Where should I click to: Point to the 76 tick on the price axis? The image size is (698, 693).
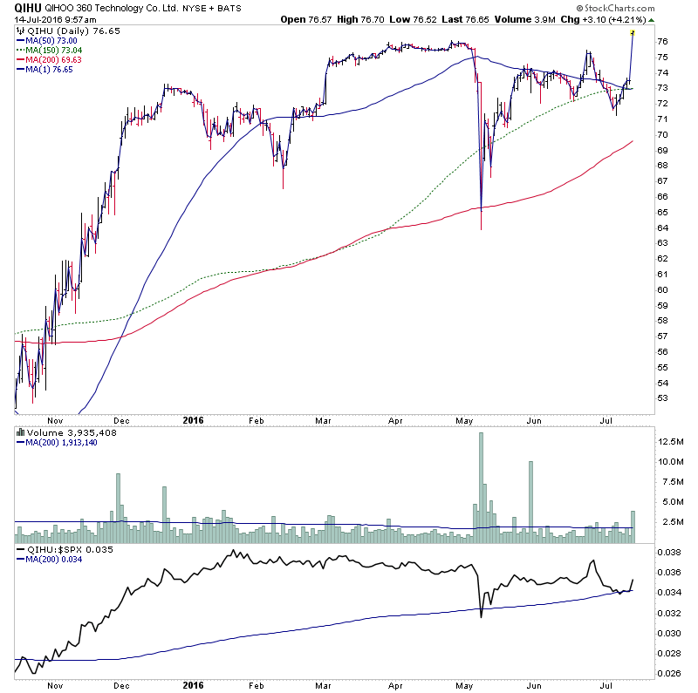click(662, 41)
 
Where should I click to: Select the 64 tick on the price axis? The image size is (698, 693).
click(662, 228)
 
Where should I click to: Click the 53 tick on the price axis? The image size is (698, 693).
click(662, 398)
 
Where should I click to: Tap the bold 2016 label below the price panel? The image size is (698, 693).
click(194, 419)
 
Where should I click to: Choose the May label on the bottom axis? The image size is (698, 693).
click(462, 419)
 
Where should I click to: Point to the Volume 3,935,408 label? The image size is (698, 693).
click(61, 432)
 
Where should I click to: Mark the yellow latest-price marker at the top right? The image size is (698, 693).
click(633, 32)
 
